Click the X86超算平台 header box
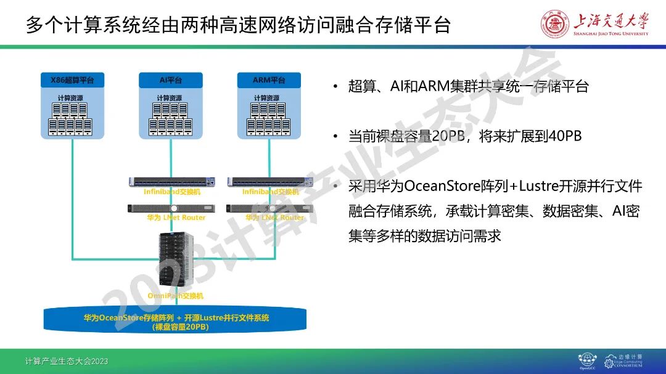72,80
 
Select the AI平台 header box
170,80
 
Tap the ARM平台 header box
269,80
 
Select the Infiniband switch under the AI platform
172,181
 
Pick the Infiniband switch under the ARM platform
271,181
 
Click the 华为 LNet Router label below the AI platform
176,217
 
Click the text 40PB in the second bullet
565,136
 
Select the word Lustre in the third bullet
540,187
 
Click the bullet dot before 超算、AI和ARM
335,87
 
